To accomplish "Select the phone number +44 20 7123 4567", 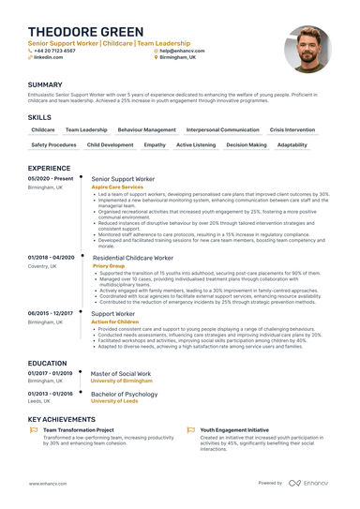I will pos(58,50).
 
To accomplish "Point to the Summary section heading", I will pos(45,84).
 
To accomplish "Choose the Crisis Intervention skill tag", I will pos(292,129).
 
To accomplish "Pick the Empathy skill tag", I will pos(155,145).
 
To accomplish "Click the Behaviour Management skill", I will pos(147,129).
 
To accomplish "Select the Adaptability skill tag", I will pos(292,145).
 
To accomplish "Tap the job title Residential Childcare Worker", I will pos(132,257).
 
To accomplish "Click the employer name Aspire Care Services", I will pos(117,187).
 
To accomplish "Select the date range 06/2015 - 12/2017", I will pos(51,313).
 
